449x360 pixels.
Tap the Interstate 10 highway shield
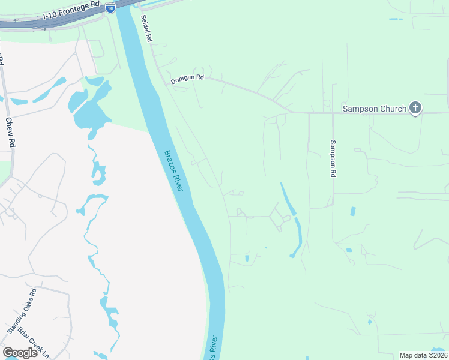coord(110,7)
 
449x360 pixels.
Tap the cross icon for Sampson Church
coord(415,109)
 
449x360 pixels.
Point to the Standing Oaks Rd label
coord(22,311)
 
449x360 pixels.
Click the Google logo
coord(20,353)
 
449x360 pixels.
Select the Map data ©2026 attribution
coord(423,355)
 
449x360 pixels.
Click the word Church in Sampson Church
coord(391,109)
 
